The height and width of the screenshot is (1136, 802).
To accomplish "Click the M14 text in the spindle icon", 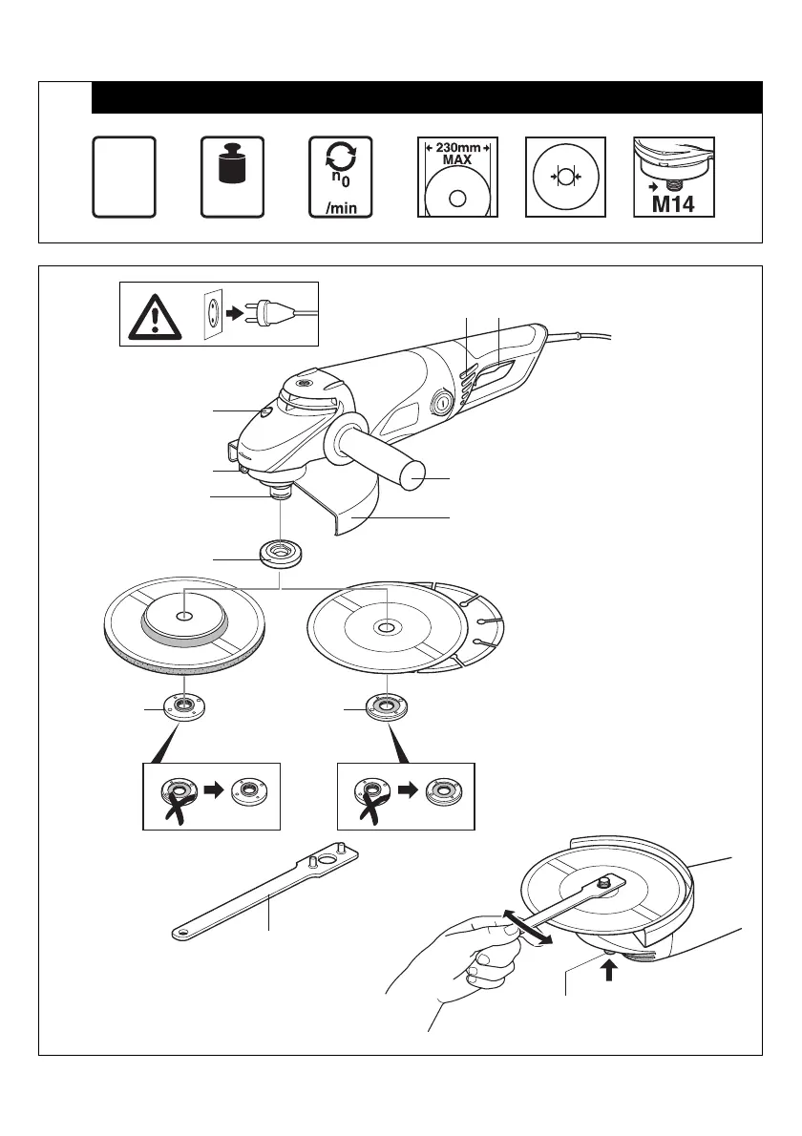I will (674, 203).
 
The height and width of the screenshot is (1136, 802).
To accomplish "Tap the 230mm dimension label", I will (456, 149).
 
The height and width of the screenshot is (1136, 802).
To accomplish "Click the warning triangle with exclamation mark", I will (153, 312).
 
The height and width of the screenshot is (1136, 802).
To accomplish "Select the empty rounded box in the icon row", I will (124, 177).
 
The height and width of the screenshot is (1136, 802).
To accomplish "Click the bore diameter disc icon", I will (565, 178).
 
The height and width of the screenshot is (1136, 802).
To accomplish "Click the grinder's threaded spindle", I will (281, 495).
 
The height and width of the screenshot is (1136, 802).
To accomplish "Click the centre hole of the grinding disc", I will (185, 616).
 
